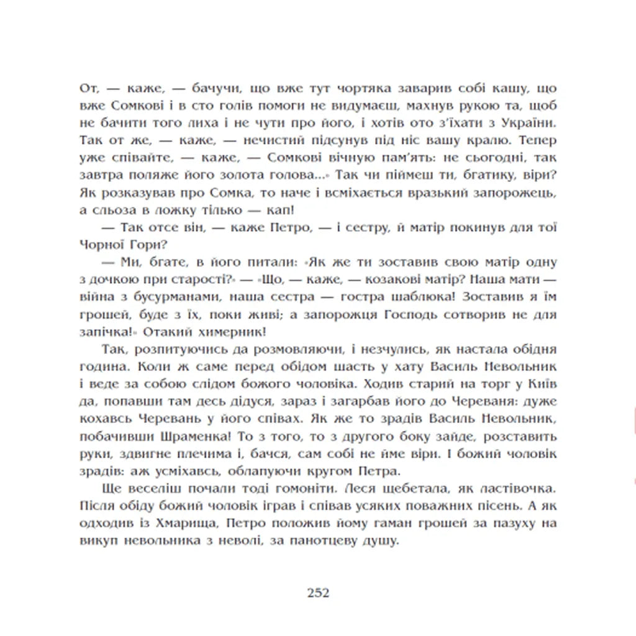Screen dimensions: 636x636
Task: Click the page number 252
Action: pyautogui.click(x=317, y=592)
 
